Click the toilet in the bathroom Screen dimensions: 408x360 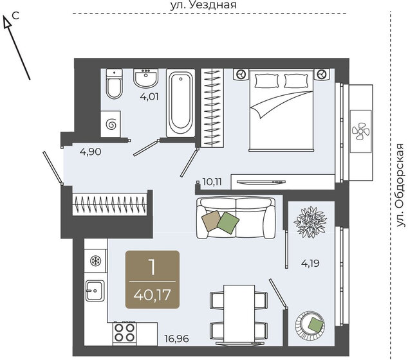pos(115,84)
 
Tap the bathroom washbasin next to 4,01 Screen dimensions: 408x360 pos(145,78)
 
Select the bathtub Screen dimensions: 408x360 pos(181,103)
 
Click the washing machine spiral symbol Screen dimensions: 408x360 pos(111,125)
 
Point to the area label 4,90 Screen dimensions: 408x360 pos(91,152)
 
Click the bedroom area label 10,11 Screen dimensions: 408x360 pos(212,182)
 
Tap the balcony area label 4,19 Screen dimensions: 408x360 pos(310,264)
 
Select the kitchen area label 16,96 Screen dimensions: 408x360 pos(177,339)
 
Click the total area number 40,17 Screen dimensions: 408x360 pos(153,295)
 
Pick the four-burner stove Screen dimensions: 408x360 pos(125,334)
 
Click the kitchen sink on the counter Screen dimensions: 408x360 pos(95,291)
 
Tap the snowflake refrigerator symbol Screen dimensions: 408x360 pos(95,261)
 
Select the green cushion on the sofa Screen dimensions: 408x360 pos(228,222)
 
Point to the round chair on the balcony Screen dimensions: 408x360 pos(310,325)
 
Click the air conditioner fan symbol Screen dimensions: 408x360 pos(360,131)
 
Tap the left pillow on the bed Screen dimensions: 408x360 pos(266,81)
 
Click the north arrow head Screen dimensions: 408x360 pos(7,21)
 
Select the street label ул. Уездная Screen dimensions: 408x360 pos(203,5)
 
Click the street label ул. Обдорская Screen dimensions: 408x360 pos(401,185)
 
